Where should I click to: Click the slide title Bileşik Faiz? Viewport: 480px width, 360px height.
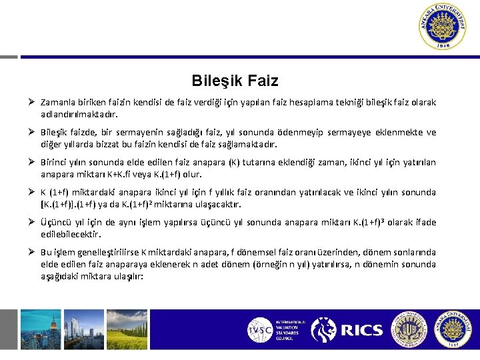235,81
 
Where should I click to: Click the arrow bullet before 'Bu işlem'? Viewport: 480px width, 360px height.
31,253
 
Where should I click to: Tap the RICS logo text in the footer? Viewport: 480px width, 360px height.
361,329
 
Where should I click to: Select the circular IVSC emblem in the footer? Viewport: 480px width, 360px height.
260,329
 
